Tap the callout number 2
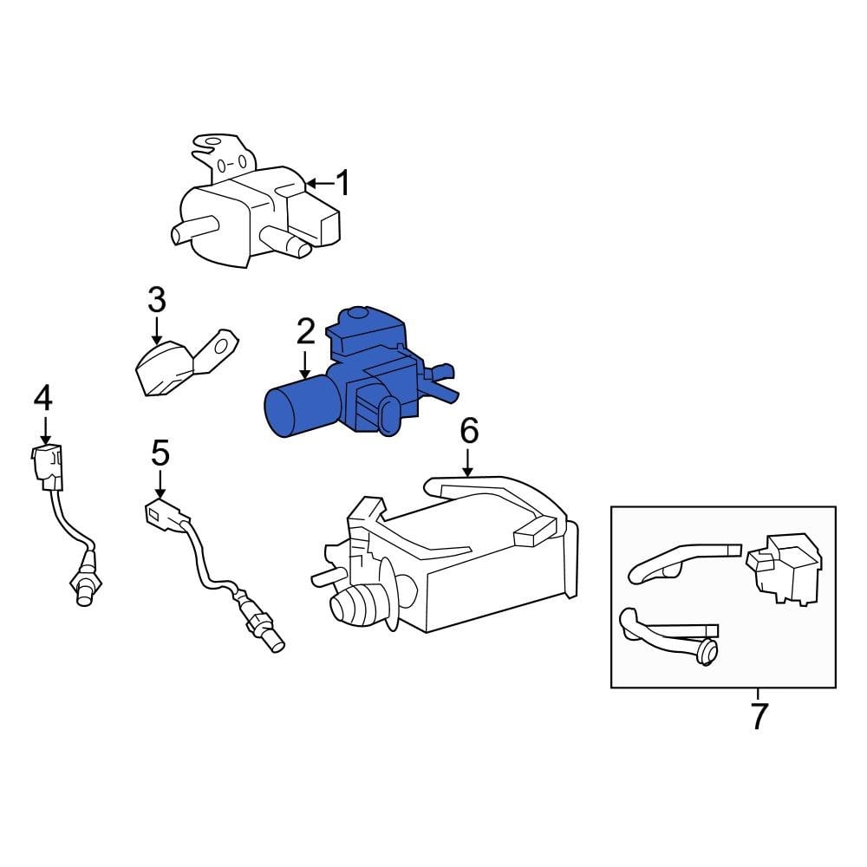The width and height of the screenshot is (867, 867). point(305,332)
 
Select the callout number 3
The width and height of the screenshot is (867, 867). point(156,301)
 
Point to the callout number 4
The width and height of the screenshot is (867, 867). point(43,399)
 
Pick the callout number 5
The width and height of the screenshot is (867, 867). point(160,452)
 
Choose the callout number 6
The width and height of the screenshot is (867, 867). point(468,430)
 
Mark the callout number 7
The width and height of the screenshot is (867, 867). point(759,716)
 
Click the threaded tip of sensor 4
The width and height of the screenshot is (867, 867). point(84,594)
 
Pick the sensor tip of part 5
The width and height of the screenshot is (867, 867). point(273,642)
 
